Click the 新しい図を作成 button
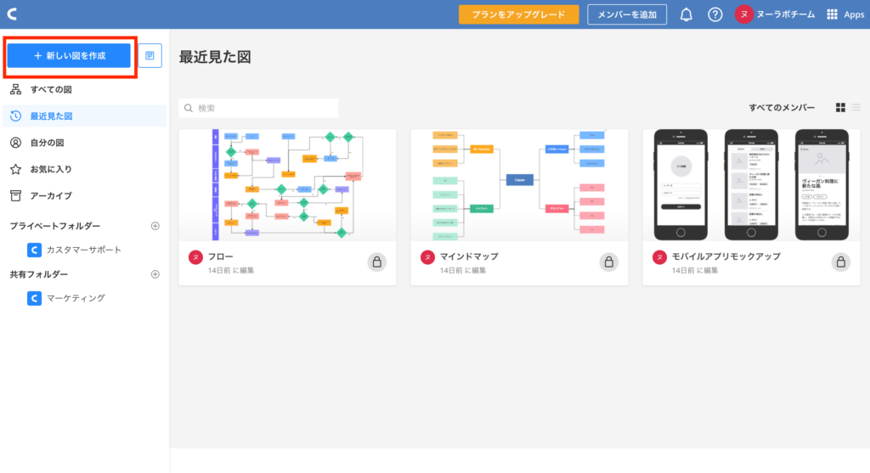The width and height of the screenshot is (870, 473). pos(69,55)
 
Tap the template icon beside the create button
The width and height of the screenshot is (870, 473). pos(150,55)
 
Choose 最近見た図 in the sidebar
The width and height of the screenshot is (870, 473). pos(51,116)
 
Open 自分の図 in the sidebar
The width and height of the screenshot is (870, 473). pos(47,143)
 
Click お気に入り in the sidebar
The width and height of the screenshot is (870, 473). pos(51,169)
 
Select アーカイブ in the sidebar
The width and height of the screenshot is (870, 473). pos(51,195)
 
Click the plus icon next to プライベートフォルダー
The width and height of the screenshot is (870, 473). pos(155,226)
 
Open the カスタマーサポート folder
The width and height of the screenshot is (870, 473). pos(83,250)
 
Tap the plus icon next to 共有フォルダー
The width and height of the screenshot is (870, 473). pos(155,274)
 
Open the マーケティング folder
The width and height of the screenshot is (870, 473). pos(76,298)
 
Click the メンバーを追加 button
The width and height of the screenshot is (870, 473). pos(627,14)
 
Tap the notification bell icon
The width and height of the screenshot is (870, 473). pos(686,14)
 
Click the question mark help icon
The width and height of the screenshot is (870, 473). pos(715,14)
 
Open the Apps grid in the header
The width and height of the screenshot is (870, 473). pos(845,14)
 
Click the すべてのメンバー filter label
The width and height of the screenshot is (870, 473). pos(782,108)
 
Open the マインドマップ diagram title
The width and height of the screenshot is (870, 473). pos(468,256)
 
